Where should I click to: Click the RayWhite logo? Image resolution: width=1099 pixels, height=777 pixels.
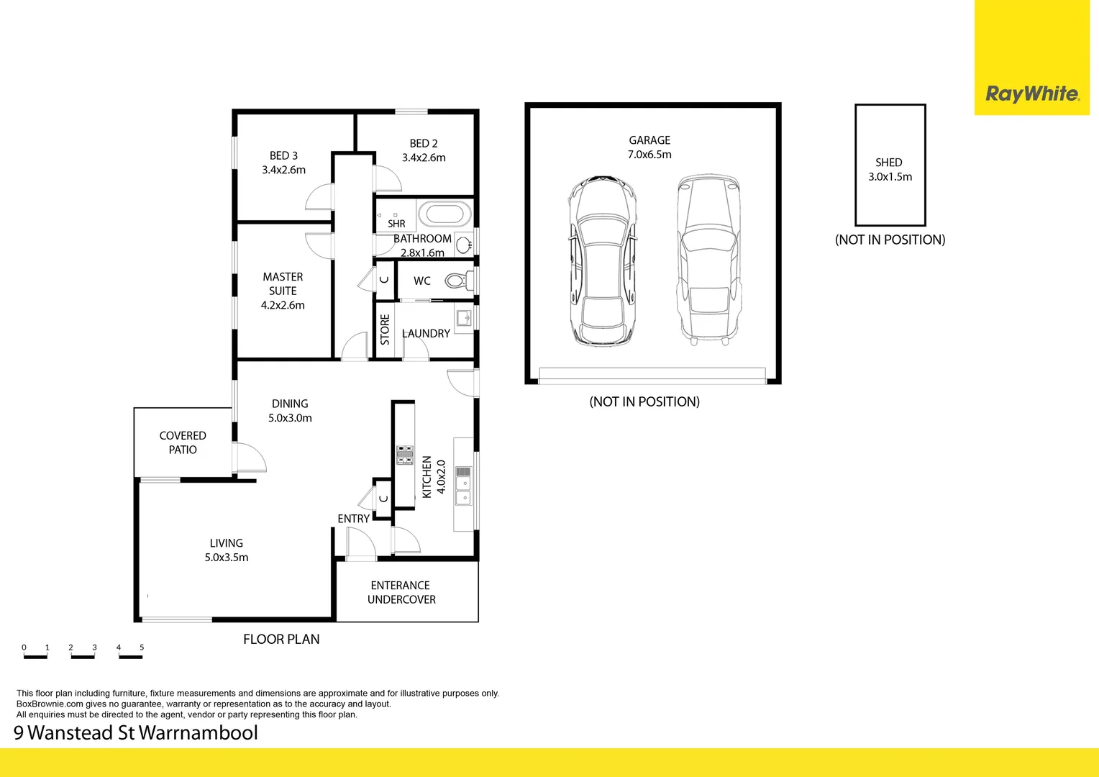pos(1031,94)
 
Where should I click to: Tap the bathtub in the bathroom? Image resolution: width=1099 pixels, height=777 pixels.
pos(444,214)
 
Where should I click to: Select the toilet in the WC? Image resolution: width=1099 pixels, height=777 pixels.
pos(457,281)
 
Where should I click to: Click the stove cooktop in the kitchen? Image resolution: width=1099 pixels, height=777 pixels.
pos(405,455)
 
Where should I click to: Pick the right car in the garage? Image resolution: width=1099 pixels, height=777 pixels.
pos(709,259)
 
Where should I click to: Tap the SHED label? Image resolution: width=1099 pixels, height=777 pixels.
pos(889,163)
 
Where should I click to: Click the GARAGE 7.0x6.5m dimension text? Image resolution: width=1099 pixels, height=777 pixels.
pos(649,155)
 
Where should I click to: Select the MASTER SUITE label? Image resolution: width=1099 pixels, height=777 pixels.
pos(283,283)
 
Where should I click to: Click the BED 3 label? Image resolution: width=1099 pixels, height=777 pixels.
pos(283,156)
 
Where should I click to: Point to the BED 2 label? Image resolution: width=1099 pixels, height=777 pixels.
pos(424,144)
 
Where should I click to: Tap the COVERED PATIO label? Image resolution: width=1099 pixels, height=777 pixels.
pos(183,442)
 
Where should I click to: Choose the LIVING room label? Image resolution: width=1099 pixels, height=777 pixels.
pos(227,543)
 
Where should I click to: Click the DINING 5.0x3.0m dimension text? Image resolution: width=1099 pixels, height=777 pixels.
pos(290,418)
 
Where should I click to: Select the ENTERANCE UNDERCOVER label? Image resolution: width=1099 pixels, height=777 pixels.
pos(401,592)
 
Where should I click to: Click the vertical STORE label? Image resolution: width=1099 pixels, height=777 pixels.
pos(385,330)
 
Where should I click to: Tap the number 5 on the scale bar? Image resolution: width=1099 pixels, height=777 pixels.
pos(142,647)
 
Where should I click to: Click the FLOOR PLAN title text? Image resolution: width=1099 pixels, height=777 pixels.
pos(281,639)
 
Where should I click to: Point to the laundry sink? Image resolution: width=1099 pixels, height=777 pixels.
pos(464,317)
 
